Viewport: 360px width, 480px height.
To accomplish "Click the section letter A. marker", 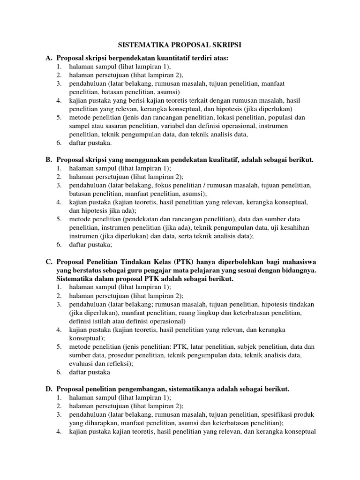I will pos(49,58).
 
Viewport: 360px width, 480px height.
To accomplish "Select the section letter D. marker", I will pos(49,389).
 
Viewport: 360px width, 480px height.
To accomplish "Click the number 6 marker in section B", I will pos(59,244).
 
